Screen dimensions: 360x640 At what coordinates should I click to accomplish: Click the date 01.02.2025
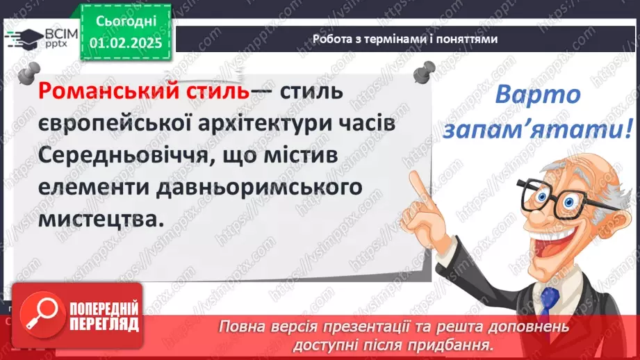126,44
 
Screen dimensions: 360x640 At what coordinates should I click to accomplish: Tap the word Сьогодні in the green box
126,22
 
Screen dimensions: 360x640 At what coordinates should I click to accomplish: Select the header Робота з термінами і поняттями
404,40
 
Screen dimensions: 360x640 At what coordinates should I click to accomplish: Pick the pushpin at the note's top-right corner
423,70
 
